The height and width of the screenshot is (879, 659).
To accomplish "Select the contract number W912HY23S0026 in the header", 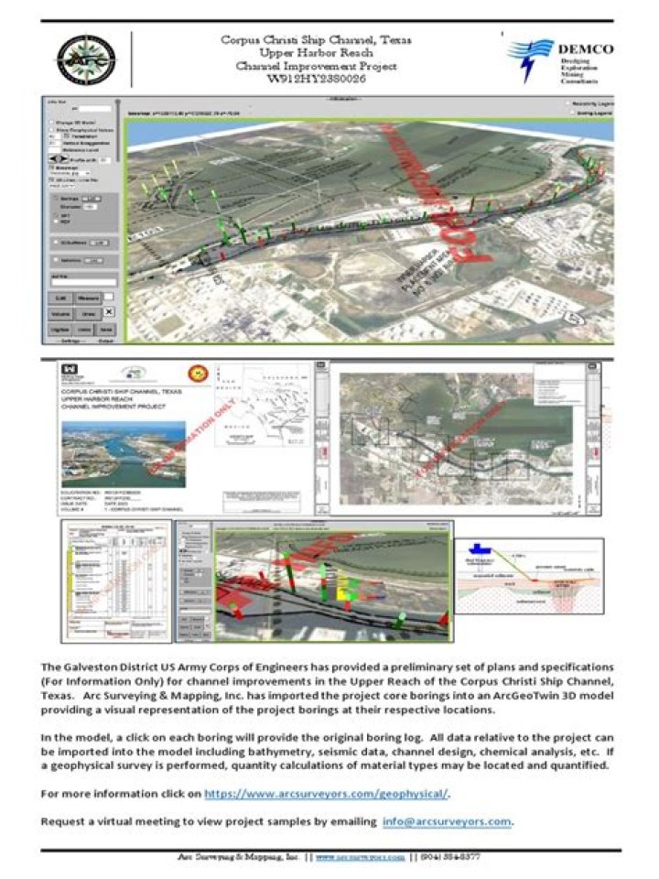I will [315, 80].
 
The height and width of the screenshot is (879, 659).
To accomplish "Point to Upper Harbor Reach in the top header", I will [316, 53].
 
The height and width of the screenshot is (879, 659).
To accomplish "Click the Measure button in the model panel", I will [88, 298].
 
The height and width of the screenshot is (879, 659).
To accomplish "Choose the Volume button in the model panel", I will [60, 313].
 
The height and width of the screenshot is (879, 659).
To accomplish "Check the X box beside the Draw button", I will [108, 313].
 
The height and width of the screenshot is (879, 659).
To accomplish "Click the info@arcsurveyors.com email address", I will [459, 820].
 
